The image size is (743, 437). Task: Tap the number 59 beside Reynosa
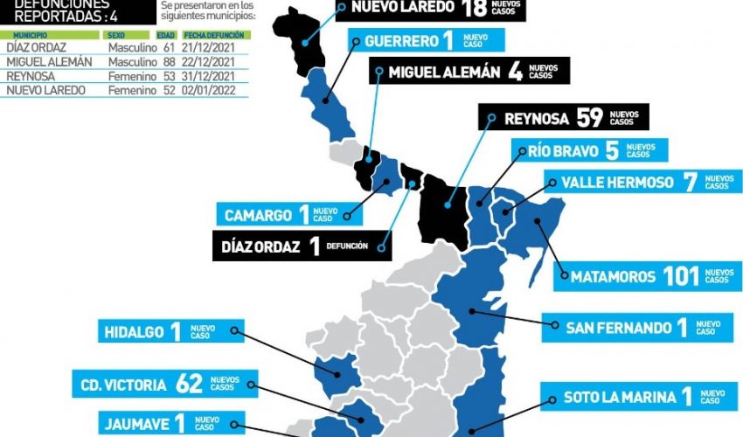pos(588,118)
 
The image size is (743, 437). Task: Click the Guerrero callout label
pos(426,41)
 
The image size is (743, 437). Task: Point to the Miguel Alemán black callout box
pos(469,72)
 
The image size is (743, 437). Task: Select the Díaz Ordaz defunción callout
pos(302,246)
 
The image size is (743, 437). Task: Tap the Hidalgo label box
pos(170,331)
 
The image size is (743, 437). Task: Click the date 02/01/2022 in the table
pos(210,90)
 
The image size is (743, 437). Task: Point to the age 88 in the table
pos(169,62)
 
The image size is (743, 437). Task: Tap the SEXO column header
pos(115,34)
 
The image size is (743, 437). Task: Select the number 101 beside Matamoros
pos(682,277)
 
